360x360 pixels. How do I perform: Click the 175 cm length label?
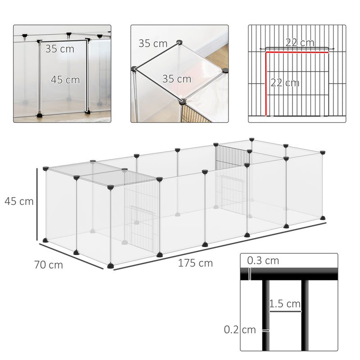pos(195,263)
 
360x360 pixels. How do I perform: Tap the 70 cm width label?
pos(48,265)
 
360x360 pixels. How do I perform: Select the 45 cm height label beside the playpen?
pos(19,201)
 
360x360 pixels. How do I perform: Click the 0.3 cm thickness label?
pos(263,261)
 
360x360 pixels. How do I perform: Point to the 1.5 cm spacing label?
pos(285,304)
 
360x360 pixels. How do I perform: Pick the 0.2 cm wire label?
pos(239,329)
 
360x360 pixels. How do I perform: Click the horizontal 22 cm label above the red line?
pos(300,43)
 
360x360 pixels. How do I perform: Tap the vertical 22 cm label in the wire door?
pos(284,83)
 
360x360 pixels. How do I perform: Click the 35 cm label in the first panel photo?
pos(59,49)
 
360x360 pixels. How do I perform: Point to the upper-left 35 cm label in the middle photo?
pos(153,44)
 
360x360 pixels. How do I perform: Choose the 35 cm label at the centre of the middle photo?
pos(176,79)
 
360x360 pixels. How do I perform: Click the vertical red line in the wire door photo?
pos(266,83)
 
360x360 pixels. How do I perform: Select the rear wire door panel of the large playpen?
pos(231,180)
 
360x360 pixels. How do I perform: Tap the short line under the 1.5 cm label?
pos(285,311)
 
